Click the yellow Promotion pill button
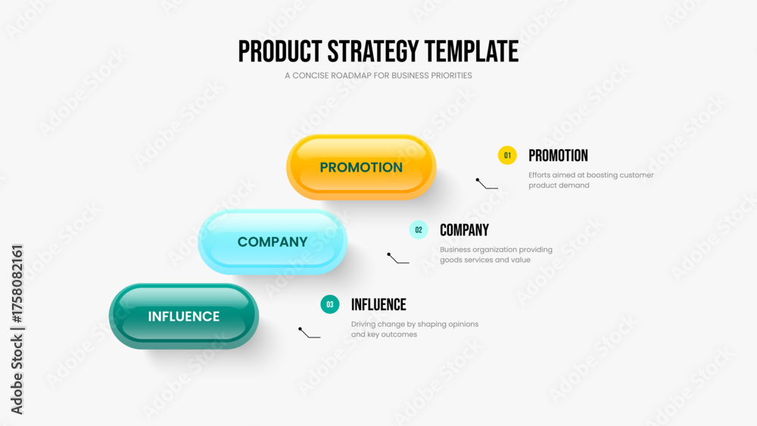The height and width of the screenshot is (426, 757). pos(361,167)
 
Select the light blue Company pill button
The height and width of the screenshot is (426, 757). pos(273,241)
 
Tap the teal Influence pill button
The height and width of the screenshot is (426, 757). pos(184,316)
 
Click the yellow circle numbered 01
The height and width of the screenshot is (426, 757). pos(507,155)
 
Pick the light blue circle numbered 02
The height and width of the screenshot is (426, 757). pos(419,230)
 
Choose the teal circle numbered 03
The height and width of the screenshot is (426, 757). pos(330,304)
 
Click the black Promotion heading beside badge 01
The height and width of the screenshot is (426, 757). pos(558,156)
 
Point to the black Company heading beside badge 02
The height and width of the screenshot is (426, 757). pos(465,230)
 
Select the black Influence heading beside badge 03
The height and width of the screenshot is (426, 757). pos(378,305)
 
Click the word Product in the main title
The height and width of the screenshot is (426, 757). pos(280,51)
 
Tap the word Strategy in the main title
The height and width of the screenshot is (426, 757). pos(373,52)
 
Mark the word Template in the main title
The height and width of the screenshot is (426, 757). pos(472,51)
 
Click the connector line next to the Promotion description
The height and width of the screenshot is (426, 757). pos(486,183)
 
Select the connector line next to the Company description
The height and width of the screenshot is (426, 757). pos(397,258)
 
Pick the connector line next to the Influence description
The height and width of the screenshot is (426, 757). pos(309,332)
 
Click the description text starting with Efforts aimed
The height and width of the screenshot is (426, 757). pos(591,180)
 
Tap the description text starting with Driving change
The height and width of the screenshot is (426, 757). pos(415,329)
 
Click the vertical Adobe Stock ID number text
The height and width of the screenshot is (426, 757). pos(17,284)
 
